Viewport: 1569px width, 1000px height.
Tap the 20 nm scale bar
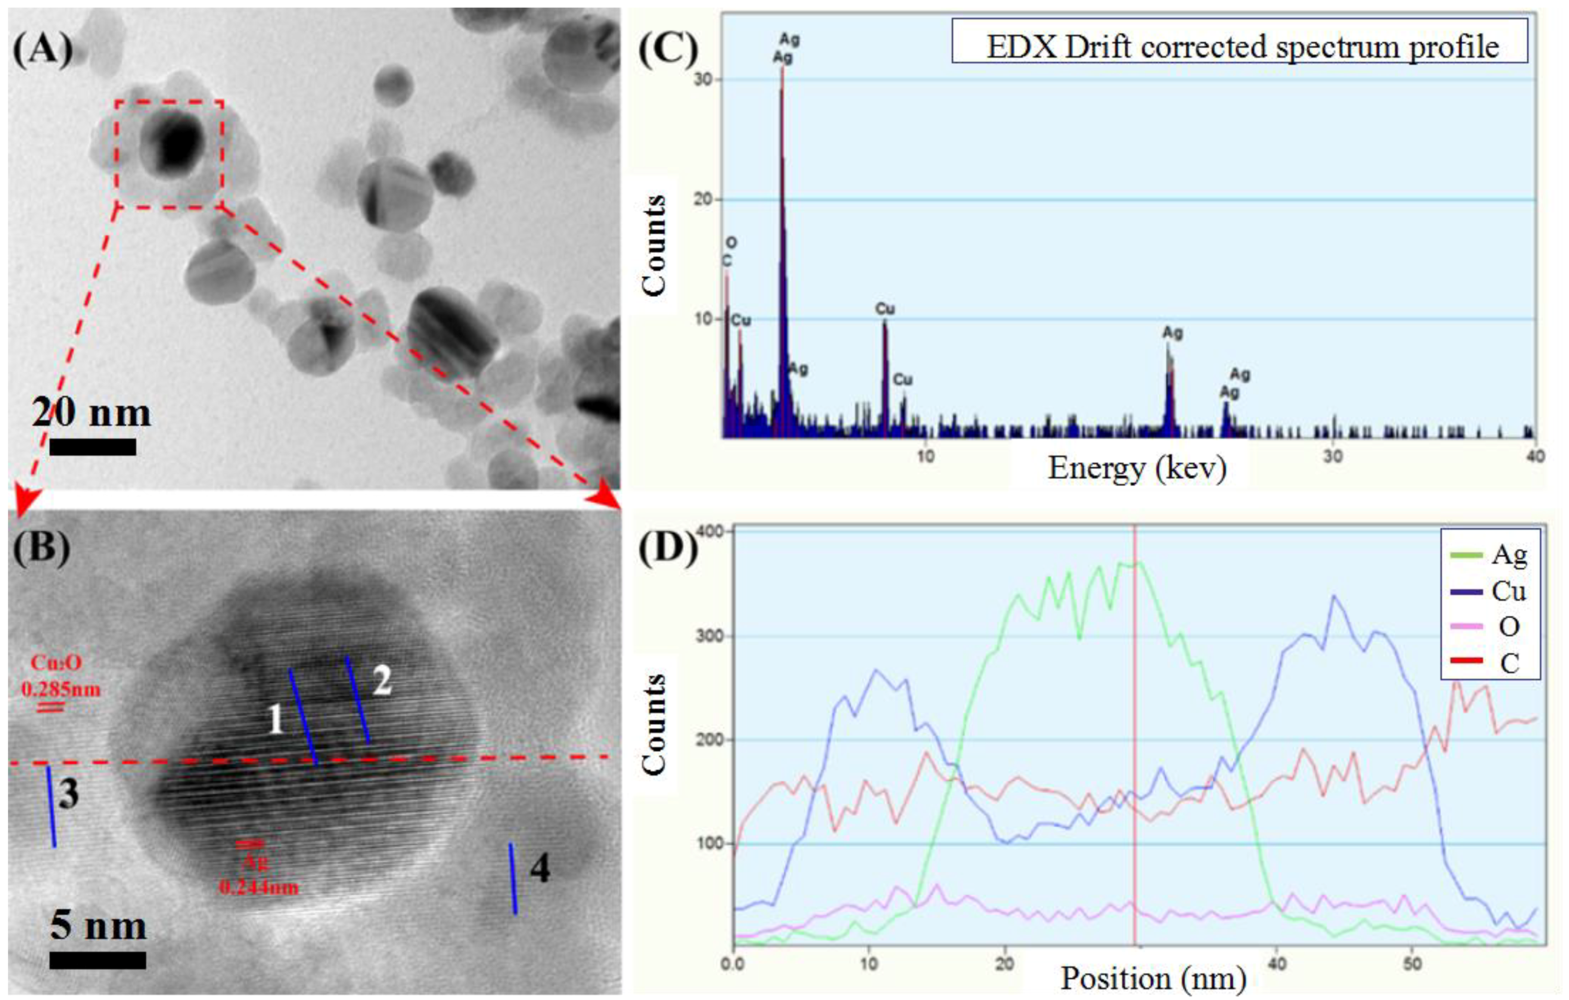click(x=93, y=446)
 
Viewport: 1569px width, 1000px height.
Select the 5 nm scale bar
click(x=98, y=960)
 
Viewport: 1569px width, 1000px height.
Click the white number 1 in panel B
click(x=276, y=720)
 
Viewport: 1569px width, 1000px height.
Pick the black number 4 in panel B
click(x=540, y=869)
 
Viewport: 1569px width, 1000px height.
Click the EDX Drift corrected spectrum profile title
click(x=1241, y=47)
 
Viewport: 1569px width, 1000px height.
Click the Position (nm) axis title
click(x=1153, y=978)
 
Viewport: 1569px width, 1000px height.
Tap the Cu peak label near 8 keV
click(x=885, y=308)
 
